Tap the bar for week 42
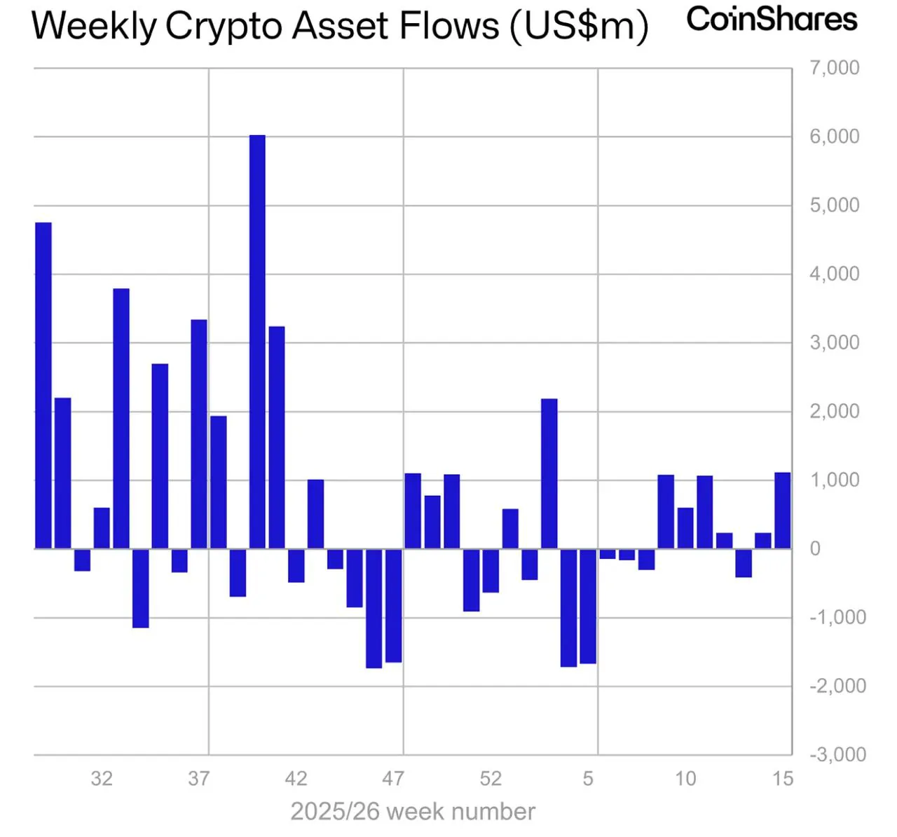coord(296,565)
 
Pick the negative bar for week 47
coord(393,605)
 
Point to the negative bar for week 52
coord(491,570)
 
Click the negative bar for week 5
coord(588,606)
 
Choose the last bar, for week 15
coord(783,511)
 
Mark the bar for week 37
coord(199,434)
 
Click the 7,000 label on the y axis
coord(834,68)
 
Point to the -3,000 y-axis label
coord(837,754)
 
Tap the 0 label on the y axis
coord(815,548)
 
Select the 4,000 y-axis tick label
coord(834,274)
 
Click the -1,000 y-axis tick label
coord(837,617)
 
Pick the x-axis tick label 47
coord(393,778)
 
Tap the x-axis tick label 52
coord(491,778)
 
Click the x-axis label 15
coord(783,778)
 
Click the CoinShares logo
coord(772,19)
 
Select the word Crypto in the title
coord(224,27)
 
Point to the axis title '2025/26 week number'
coord(413,812)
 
